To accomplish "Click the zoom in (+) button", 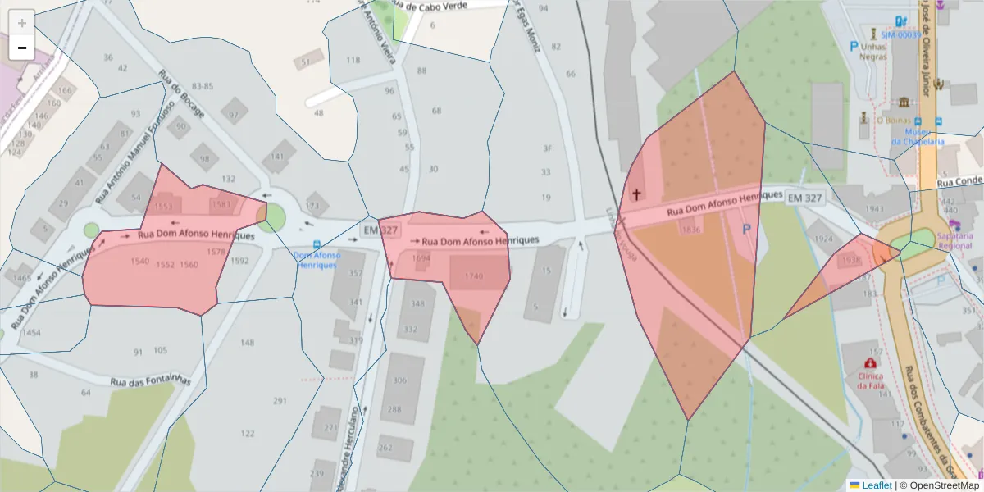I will click(22, 22).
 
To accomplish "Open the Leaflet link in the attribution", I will click(877, 485).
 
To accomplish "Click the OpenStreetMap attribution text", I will click(944, 485).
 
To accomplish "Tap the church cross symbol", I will click(635, 194).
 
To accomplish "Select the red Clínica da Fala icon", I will click(869, 362).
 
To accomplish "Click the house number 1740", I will click(474, 276).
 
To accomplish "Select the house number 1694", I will click(421, 257).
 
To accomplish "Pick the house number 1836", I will click(691, 230).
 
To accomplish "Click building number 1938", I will click(851, 261).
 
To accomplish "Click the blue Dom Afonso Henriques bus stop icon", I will click(317, 244).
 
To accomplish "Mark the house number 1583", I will click(221, 204).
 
